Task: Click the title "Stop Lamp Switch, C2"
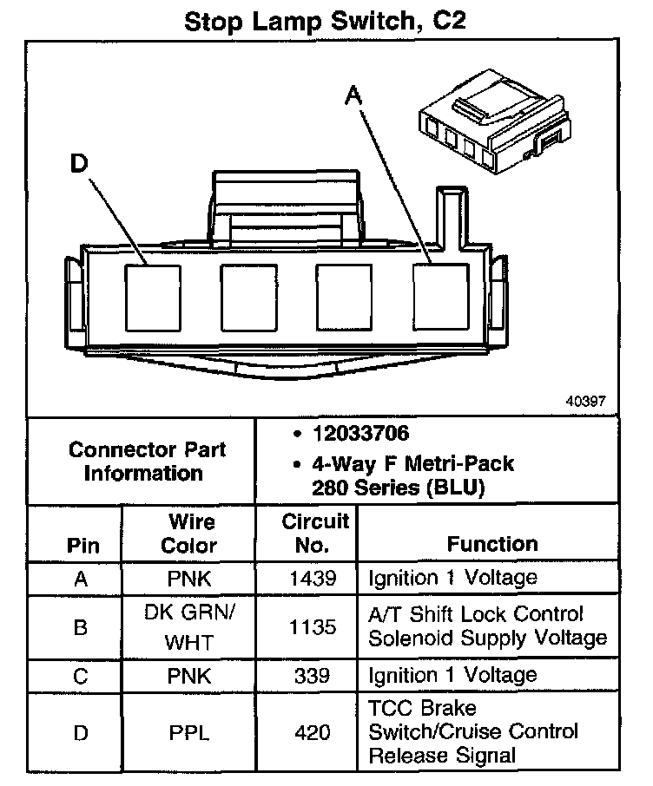pyautogui.click(x=326, y=20)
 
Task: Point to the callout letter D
pyautogui.click(x=80, y=164)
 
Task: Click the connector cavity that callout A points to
pyautogui.click(x=440, y=294)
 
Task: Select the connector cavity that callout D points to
pyautogui.click(x=154, y=294)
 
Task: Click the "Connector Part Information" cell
pyautogui.click(x=147, y=462)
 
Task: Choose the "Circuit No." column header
pyautogui.click(x=315, y=533)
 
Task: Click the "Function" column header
pyautogui.click(x=492, y=544)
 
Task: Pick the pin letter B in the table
pyautogui.click(x=81, y=626)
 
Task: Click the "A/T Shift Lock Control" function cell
pyautogui.click(x=487, y=626)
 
